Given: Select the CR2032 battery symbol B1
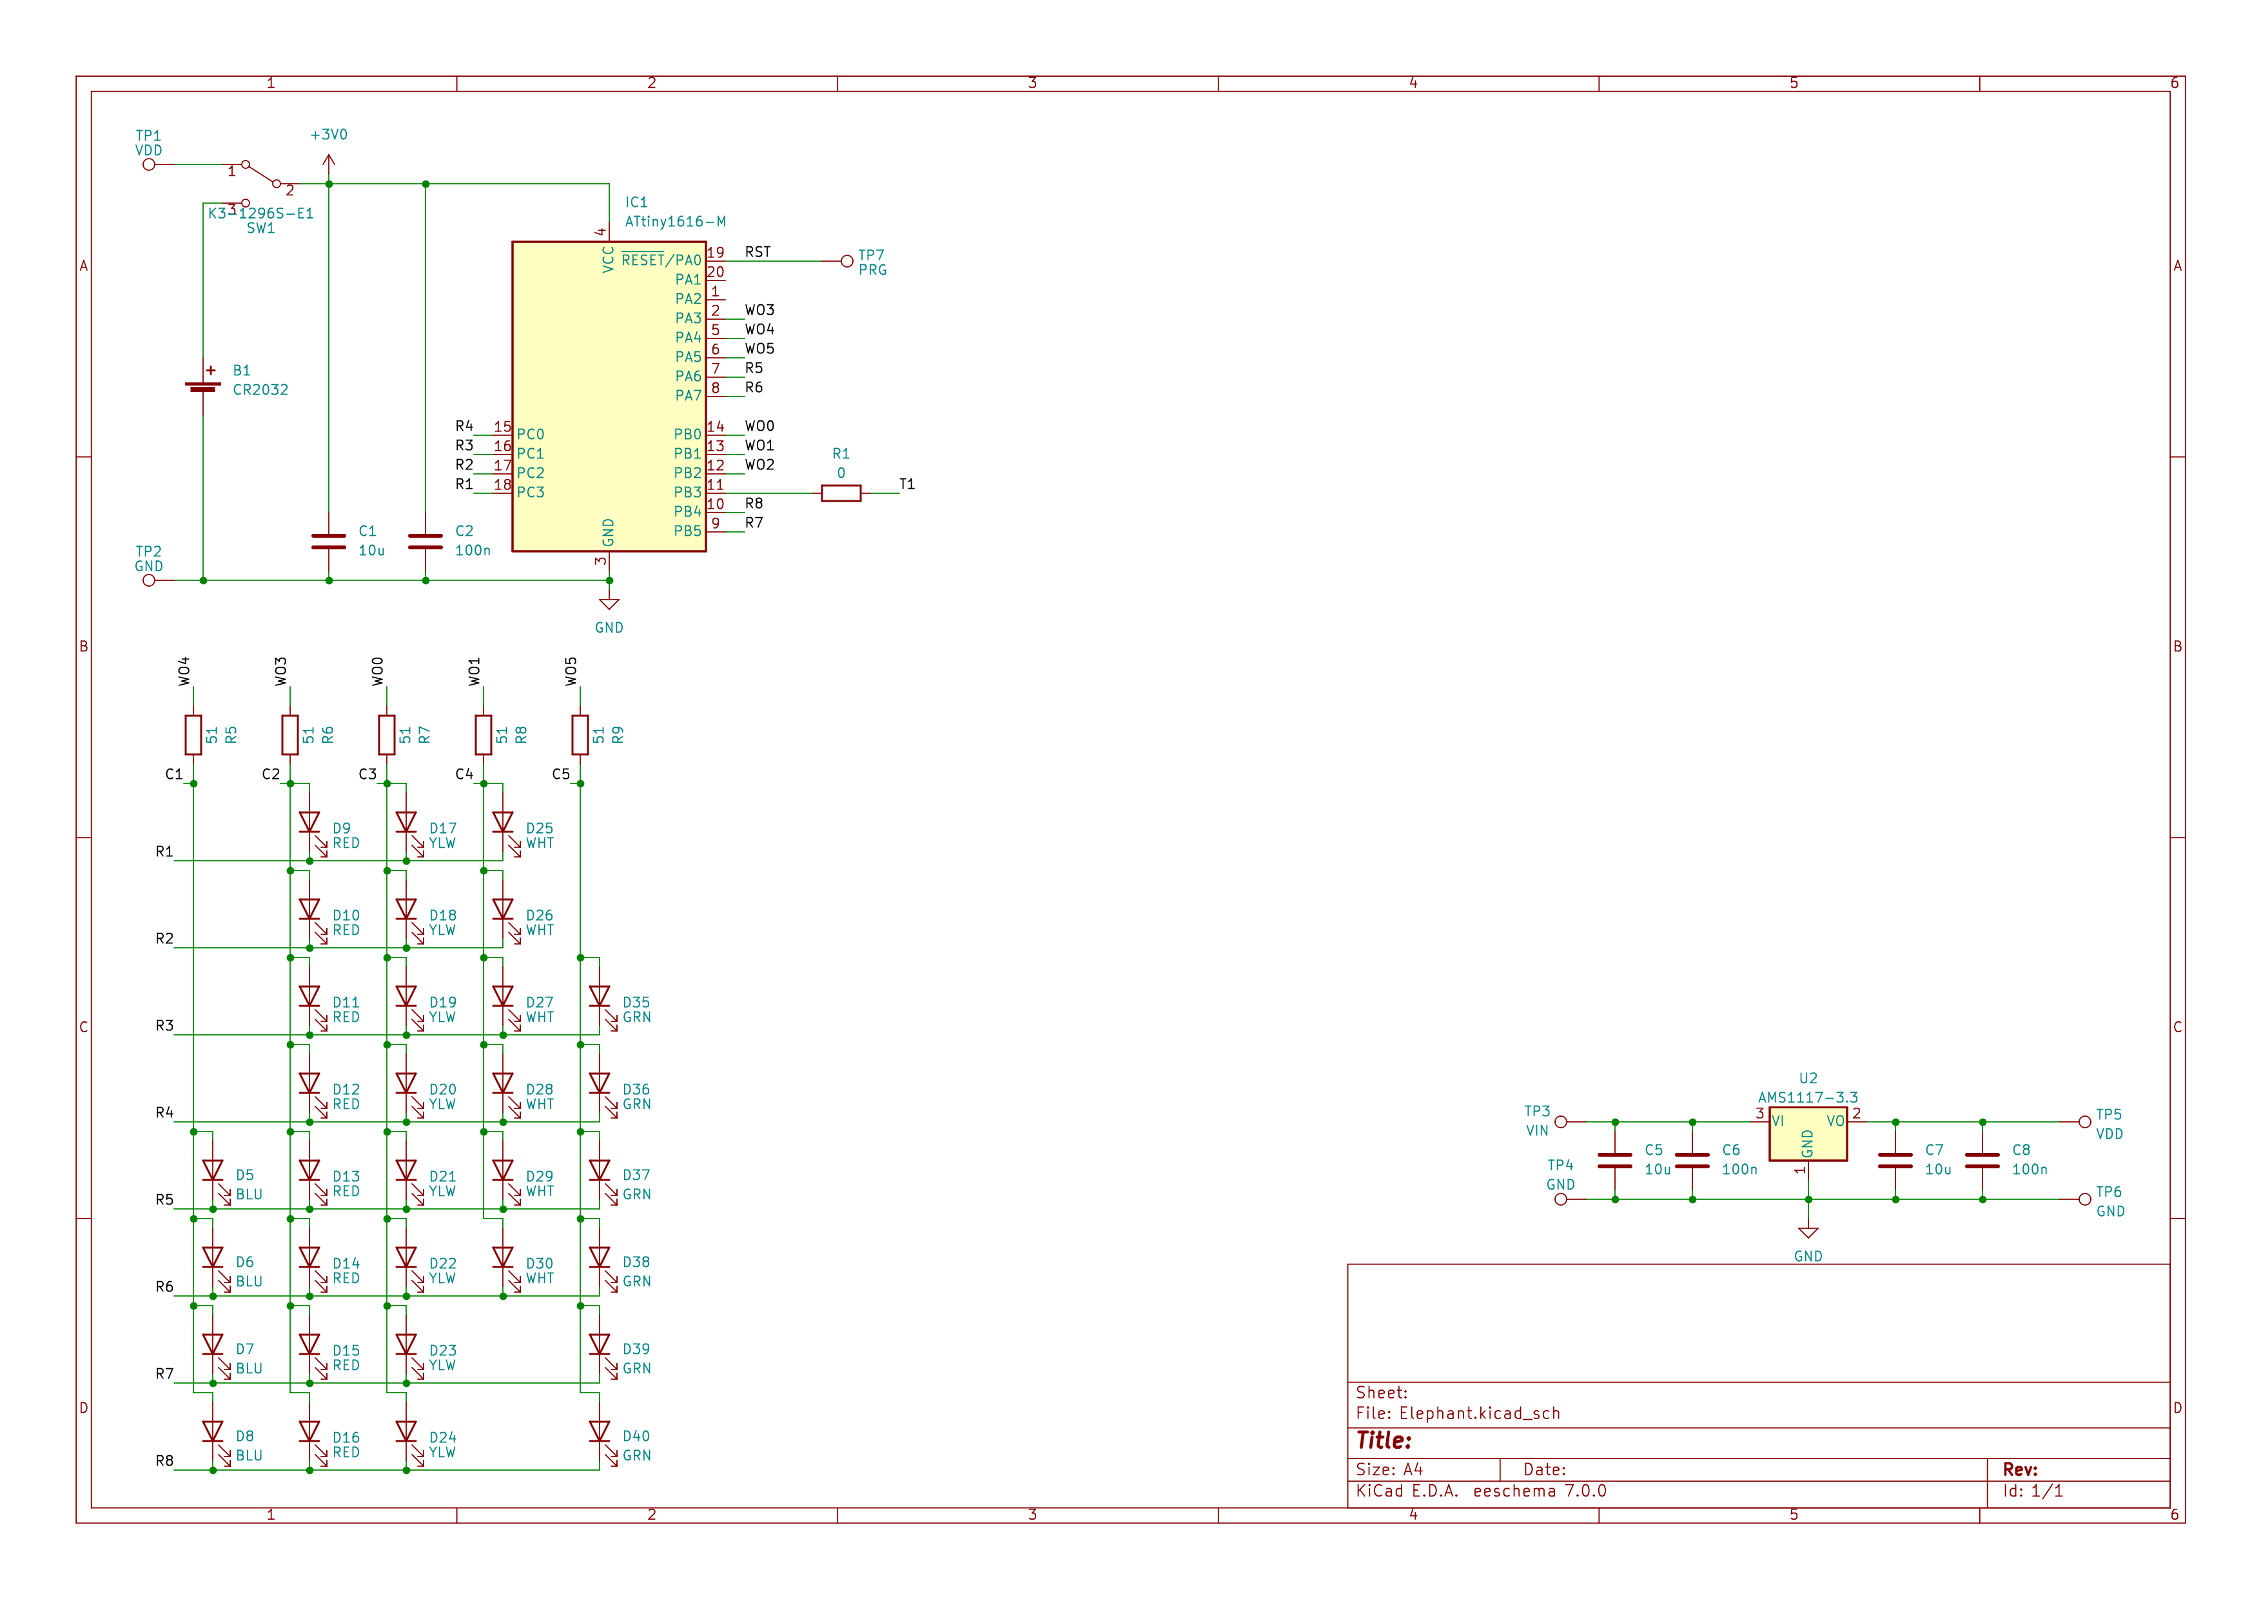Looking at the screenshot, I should point(203,387).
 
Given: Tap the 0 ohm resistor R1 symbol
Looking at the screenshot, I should point(840,493).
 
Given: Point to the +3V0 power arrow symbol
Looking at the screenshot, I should point(329,161).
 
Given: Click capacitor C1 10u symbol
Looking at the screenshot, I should point(329,542).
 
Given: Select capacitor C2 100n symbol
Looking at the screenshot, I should point(426,542).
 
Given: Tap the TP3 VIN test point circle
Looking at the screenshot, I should point(1561,1121).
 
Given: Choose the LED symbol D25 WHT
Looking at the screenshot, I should point(504,823).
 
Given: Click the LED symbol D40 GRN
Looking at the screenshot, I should point(600,1433).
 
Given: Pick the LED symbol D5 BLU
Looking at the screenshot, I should point(213,1171).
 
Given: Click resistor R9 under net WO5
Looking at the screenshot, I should point(580,734).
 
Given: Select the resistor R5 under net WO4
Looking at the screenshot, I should point(193,734).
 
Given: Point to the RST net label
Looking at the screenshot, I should point(758,252).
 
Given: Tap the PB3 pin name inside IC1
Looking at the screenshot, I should point(687,493).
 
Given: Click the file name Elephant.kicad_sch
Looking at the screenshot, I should point(1479,1413).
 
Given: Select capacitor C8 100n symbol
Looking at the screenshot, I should point(1982,1160).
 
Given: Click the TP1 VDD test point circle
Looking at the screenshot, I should point(149,164).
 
